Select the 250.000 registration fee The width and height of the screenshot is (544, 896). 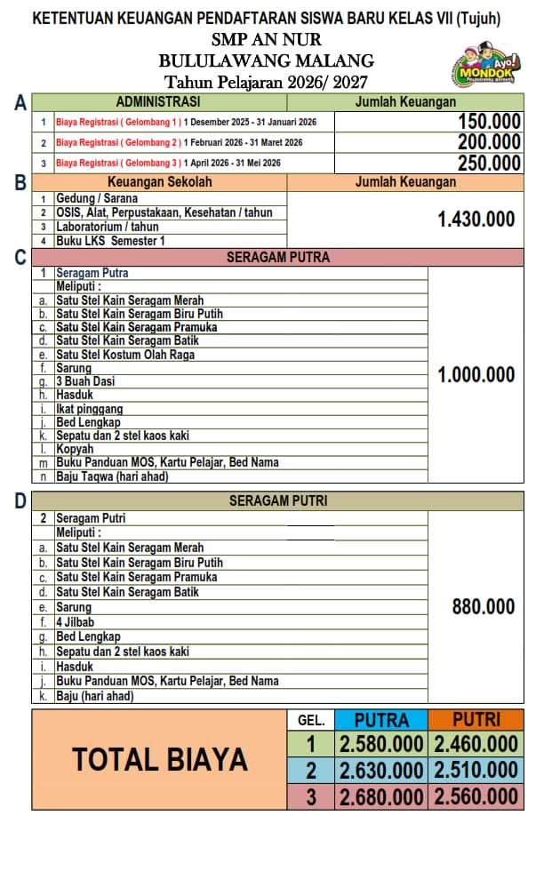(x=489, y=163)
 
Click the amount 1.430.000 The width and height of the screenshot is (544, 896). (x=476, y=219)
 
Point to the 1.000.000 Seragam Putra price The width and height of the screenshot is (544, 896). (x=476, y=375)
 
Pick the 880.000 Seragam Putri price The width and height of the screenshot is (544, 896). (x=484, y=607)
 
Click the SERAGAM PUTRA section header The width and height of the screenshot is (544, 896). (x=278, y=258)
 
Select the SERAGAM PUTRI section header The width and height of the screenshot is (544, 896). (x=278, y=501)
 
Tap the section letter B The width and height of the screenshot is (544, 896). (x=20, y=183)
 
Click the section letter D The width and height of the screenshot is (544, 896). (x=20, y=501)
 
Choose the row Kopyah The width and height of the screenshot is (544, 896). (x=75, y=449)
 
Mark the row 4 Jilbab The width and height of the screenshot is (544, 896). (x=75, y=622)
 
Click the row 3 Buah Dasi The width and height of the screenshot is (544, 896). (x=85, y=381)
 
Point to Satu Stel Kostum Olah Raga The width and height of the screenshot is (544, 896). (x=125, y=355)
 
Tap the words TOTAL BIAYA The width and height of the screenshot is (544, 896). (x=160, y=760)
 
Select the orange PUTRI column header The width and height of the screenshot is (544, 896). (x=476, y=720)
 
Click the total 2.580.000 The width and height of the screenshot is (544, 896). (x=381, y=745)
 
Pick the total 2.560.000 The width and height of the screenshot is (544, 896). (x=476, y=797)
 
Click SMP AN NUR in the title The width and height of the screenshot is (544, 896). (x=267, y=40)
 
